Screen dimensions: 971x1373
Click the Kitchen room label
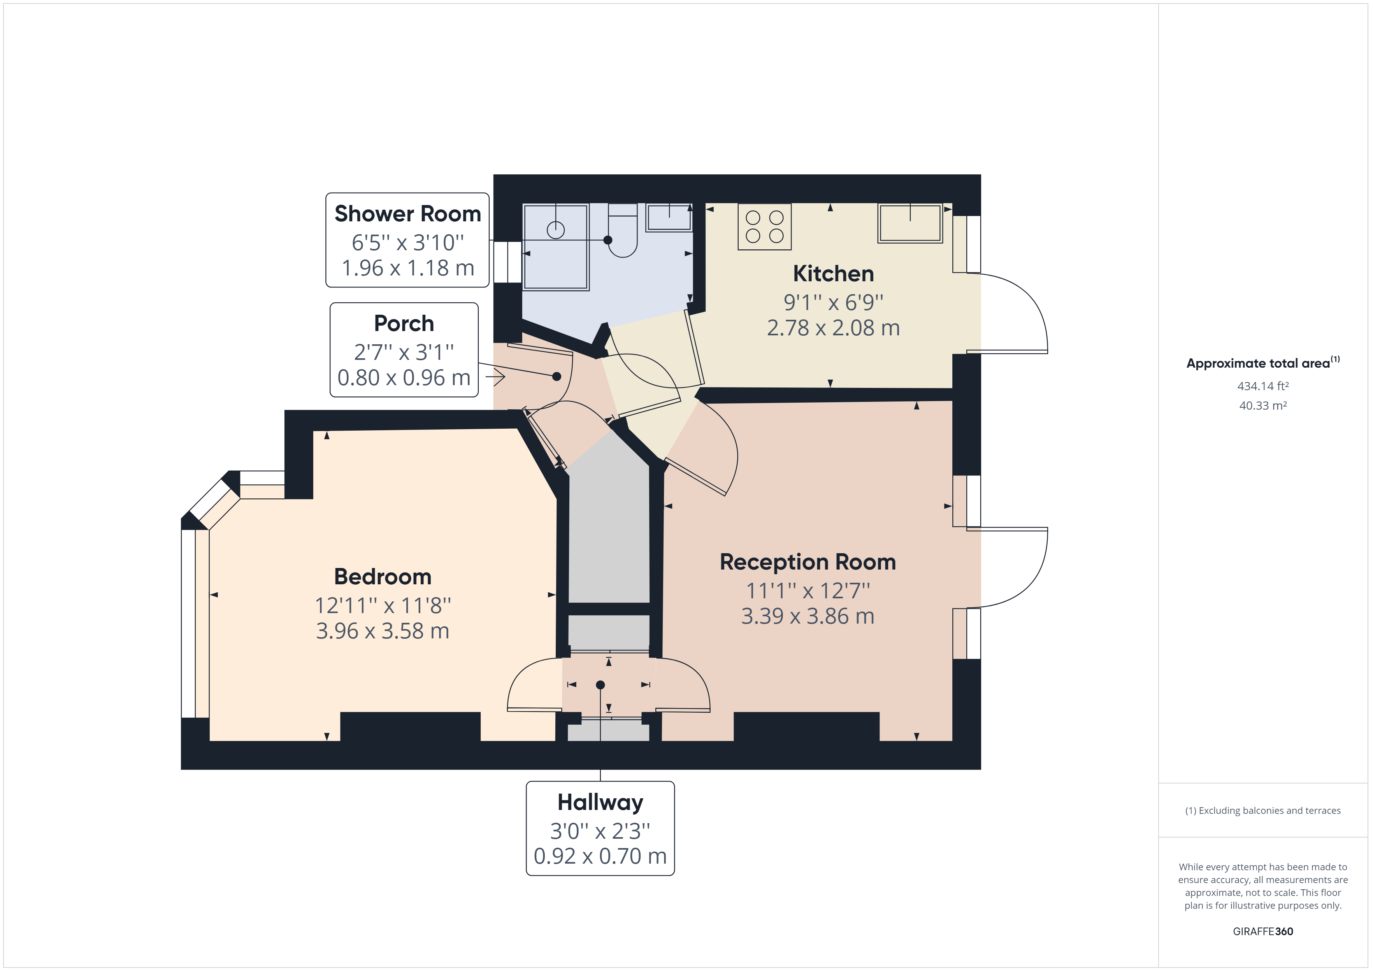(x=833, y=274)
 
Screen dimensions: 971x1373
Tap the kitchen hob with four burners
(x=764, y=227)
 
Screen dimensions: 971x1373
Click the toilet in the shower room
(x=623, y=231)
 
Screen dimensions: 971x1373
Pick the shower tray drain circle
(x=555, y=230)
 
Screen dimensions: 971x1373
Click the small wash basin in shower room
(x=669, y=217)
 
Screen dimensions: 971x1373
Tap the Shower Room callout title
(x=407, y=214)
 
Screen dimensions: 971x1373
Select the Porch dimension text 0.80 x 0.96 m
(x=404, y=378)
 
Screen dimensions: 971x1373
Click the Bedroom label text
(x=382, y=577)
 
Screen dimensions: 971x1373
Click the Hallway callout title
(x=600, y=803)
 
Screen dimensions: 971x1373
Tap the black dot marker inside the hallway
(x=600, y=685)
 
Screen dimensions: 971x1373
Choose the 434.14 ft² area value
(x=1262, y=386)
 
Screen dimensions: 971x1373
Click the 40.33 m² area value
(x=1262, y=405)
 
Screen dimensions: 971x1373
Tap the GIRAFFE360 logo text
(x=1262, y=932)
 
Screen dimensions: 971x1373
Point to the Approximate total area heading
(x=1258, y=363)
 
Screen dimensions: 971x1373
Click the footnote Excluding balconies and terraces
(x=1262, y=811)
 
